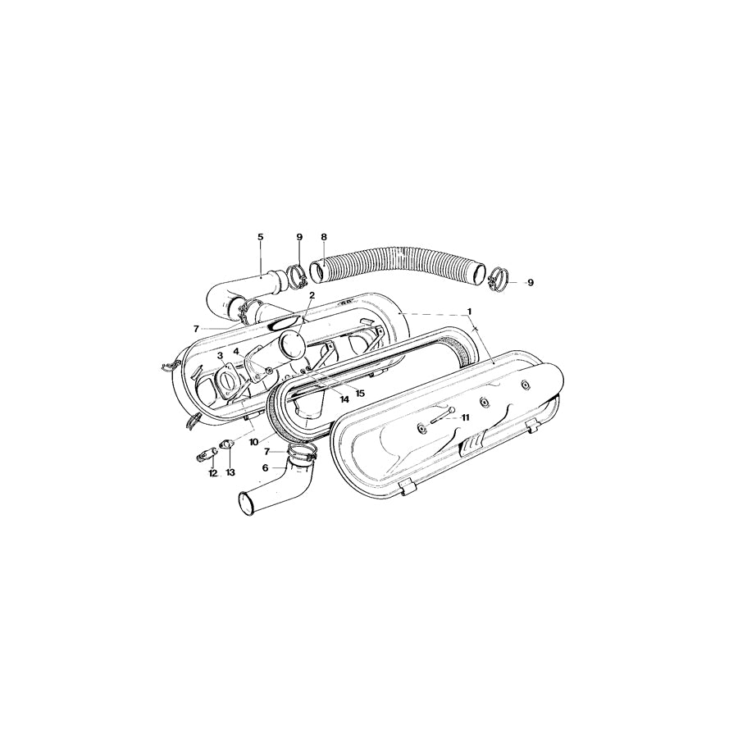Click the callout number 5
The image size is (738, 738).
tap(261, 237)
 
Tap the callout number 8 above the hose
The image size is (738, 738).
tap(324, 237)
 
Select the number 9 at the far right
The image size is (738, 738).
tap(530, 282)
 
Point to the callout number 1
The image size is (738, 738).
tap(470, 312)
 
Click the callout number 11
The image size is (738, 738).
tap(466, 417)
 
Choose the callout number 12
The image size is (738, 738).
tap(212, 473)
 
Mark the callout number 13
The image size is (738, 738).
tap(230, 473)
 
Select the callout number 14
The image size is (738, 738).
tap(344, 399)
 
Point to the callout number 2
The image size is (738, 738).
tap(312, 294)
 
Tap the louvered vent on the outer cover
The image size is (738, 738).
tap(472, 444)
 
